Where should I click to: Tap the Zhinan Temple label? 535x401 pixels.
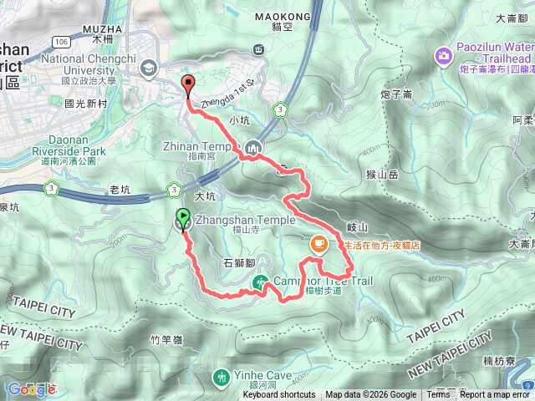click(x=186, y=144)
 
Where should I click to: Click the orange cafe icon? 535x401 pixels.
click(x=318, y=245)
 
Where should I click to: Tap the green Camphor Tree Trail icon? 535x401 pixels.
click(x=262, y=282)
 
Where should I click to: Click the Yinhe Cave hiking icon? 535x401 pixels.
click(x=221, y=378)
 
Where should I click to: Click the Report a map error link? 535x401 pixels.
click(x=495, y=395)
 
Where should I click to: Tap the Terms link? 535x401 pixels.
click(x=438, y=395)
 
